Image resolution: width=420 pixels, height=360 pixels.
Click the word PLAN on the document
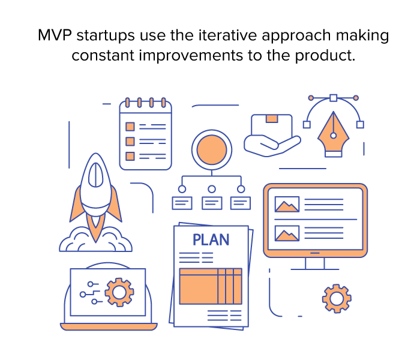coord(211,240)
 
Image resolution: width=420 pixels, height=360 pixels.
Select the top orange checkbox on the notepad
coord(130,127)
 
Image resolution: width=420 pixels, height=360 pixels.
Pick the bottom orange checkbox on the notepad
coord(130,156)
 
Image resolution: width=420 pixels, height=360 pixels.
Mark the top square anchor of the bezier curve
coord(334,97)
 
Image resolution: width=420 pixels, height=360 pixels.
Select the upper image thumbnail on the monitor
coord(287,205)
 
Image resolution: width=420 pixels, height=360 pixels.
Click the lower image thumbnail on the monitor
coord(287,233)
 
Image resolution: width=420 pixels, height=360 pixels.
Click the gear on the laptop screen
coord(119,292)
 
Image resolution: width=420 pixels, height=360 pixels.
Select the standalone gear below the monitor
coord(336,298)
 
